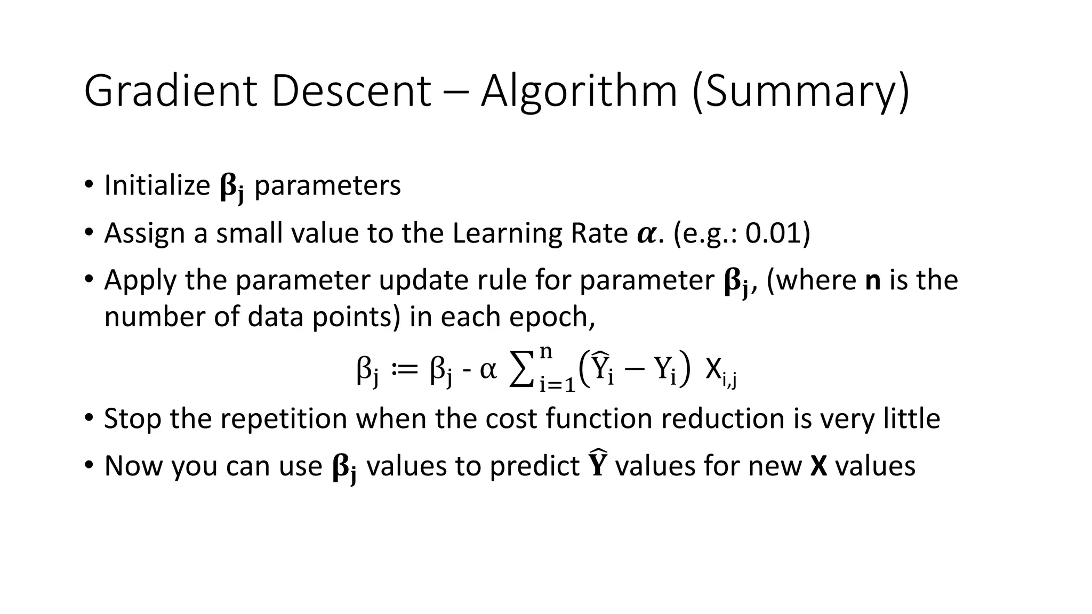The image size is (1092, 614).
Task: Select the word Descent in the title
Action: pyautogui.click(x=350, y=92)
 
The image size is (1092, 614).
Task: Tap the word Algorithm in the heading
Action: pyautogui.click(x=579, y=92)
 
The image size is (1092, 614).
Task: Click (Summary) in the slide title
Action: pyautogui.click(x=800, y=92)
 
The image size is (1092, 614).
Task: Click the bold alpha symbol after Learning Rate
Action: pyautogui.click(x=648, y=234)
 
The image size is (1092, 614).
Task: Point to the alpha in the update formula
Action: pyautogui.click(x=488, y=369)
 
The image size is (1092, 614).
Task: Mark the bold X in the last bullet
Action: pyautogui.click(x=818, y=466)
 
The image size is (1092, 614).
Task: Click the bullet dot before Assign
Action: pyautogui.click(x=88, y=232)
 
